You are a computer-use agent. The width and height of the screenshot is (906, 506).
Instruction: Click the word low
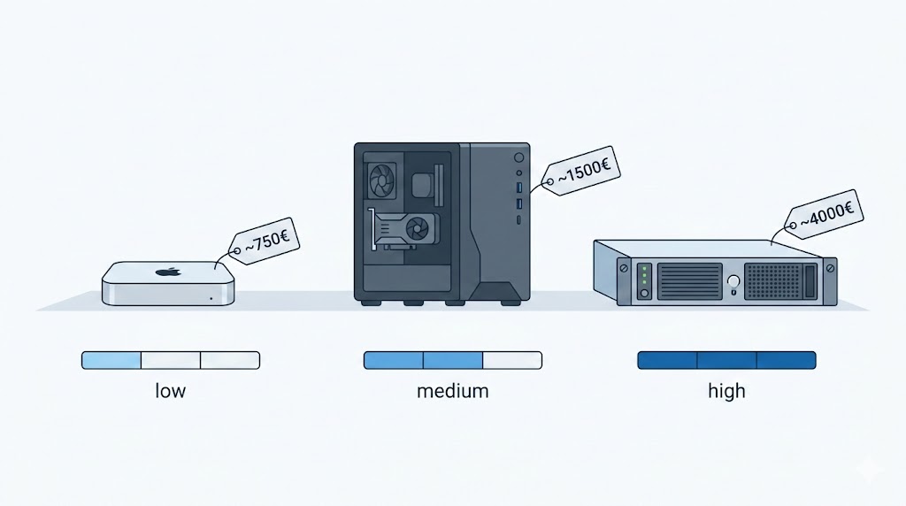(x=170, y=390)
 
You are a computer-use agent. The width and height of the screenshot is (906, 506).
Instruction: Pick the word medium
(x=452, y=390)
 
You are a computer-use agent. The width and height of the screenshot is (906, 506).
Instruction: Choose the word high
(x=726, y=390)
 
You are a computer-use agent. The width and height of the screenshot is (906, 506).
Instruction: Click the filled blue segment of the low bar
(x=111, y=360)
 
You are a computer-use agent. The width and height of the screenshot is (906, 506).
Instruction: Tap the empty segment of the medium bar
(x=511, y=360)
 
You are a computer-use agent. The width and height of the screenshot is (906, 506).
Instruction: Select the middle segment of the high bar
(x=726, y=360)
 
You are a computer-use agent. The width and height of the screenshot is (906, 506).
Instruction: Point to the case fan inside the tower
(x=382, y=181)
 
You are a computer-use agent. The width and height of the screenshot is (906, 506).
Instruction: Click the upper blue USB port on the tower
(x=519, y=187)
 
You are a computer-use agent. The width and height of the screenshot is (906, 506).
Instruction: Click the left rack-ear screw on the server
(x=625, y=267)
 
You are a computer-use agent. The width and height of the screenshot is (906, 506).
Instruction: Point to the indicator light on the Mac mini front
(x=211, y=298)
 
